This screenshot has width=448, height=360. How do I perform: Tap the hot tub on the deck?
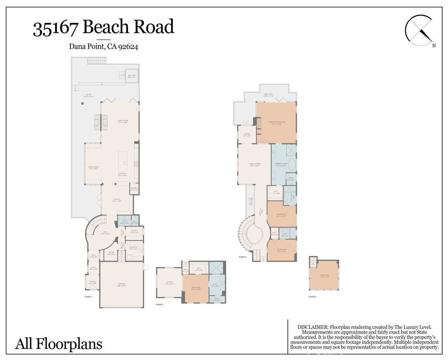coord(132,76)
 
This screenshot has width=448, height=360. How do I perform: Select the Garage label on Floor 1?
coord(121,285)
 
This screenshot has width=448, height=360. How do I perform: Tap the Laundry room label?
coord(133,248)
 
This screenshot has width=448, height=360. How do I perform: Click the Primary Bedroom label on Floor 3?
coord(276,123)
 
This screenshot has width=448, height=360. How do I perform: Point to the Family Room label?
coord(255,165)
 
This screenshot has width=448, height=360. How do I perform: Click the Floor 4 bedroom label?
coord(324,276)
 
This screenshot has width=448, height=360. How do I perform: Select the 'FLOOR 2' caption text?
coord(160,305)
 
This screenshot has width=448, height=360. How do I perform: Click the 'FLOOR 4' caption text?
coord(312,297)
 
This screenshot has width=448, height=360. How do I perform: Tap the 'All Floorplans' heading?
coord(59,344)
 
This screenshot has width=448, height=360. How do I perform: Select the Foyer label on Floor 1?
coord(92,283)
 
